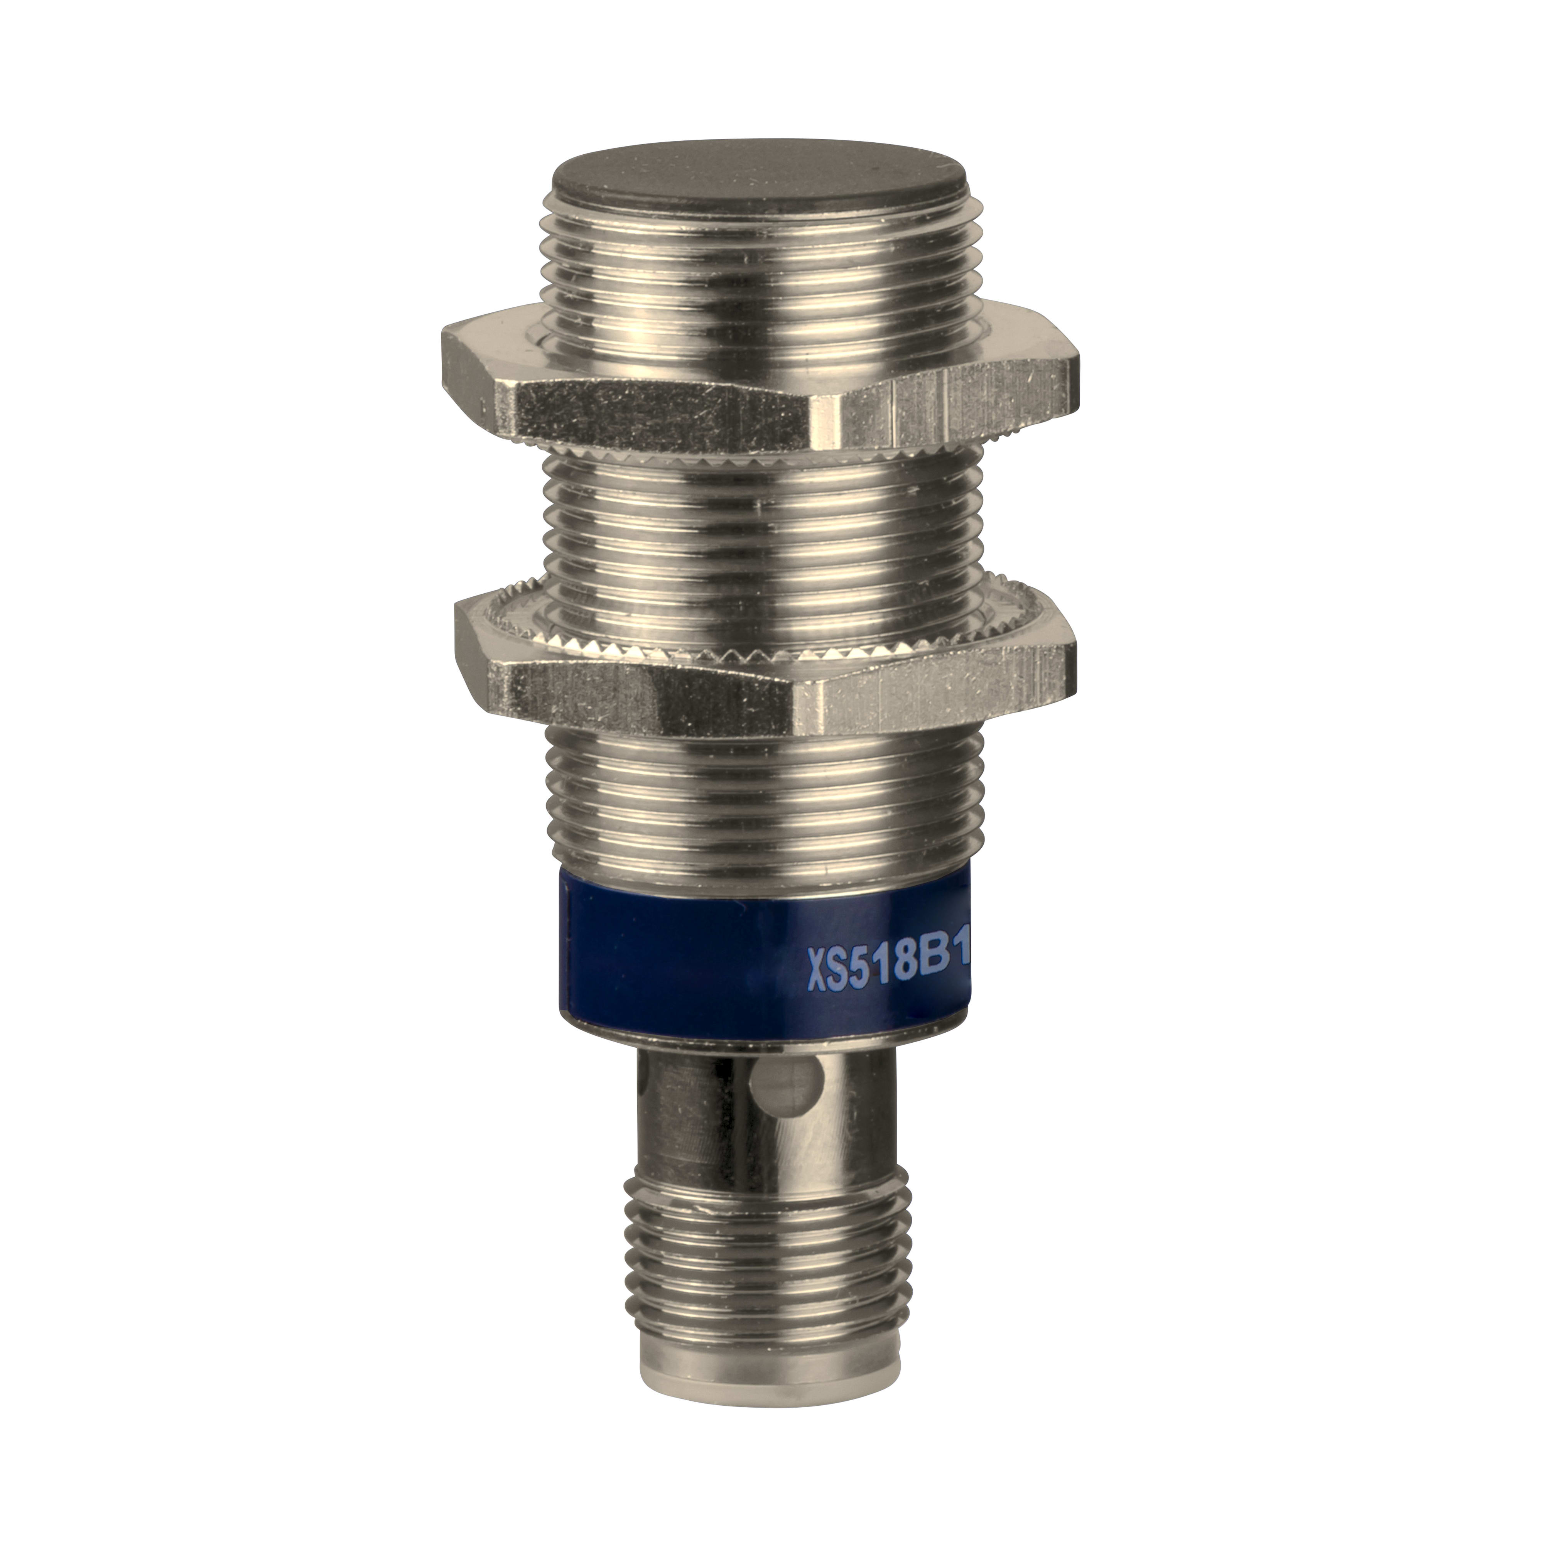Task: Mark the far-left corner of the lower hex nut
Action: point(457,631)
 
